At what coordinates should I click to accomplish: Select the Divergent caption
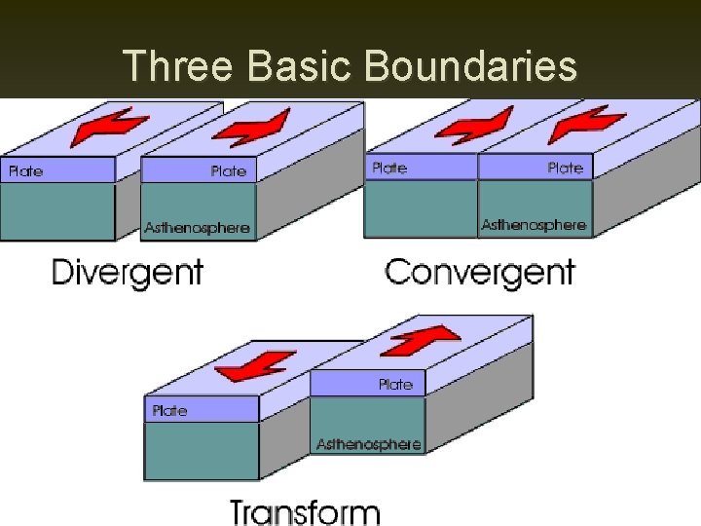click(x=127, y=271)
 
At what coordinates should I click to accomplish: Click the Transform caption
click(x=305, y=510)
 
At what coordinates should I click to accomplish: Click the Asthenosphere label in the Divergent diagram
click(x=197, y=229)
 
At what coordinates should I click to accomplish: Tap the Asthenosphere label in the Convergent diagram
click(x=534, y=225)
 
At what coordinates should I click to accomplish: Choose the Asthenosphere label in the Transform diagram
click(x=368, y=444)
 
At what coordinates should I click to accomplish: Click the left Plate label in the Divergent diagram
click(x=25, y=171)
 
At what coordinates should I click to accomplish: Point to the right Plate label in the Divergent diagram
click(x=229, y=171)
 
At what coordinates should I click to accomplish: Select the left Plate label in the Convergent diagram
click(x=388, y=169)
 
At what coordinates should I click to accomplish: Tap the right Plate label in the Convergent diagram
click(x=565, y=169)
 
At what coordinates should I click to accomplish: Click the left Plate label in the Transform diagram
click(x=169, y=411)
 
